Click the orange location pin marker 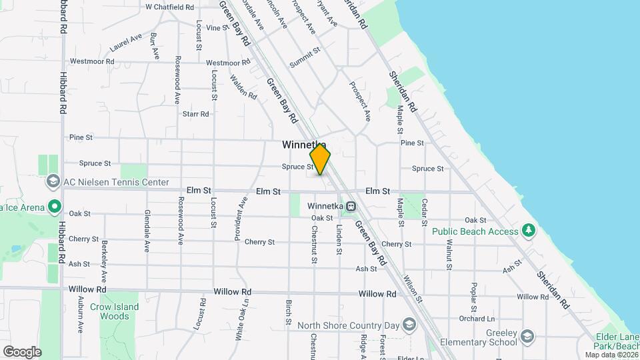tap(320, 160)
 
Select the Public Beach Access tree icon tap(529, 231)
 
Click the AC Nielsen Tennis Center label tap(115, 182)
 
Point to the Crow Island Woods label tap(114, 311)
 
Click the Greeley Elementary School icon tap(528, 335)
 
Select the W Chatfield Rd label tap(169, 7)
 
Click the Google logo tap(22, 351)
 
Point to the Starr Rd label tap(195, 114)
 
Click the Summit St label tap(305, 58)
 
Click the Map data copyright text tap(611, 355)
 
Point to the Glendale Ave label tap(147, 231)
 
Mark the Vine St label tap(217, 28)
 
